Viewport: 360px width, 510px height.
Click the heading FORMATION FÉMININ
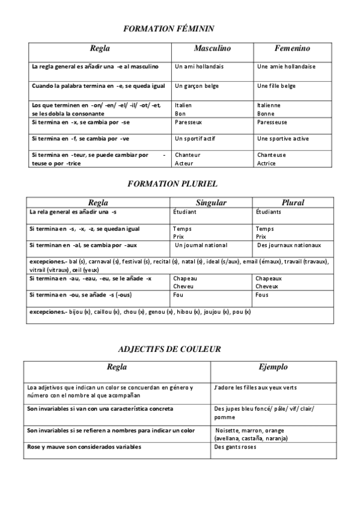click(x=168, y=28)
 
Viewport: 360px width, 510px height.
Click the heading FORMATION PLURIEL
click(x=172, y=183)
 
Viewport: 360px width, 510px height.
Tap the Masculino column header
click(x=212, y=48)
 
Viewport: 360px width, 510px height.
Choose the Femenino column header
click(x=292, y=48)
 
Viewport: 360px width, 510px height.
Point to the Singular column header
click(x=211, y=203)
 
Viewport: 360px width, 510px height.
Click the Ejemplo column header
click(x=273, y=367)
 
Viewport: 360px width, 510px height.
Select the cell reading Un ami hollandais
click(x=199, y=67)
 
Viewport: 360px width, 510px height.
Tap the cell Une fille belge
click(x=276, y=86)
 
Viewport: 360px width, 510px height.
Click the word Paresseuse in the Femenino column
click(x=276, y=122)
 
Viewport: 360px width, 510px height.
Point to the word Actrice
click(x=266, y=164)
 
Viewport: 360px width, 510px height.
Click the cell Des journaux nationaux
click(x=289, y=245)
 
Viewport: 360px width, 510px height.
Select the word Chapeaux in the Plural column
click(x=268, y=278)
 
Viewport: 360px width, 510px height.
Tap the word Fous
click(x=262, y=295)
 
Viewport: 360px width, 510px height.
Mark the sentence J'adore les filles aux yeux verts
click(x=255, y=388)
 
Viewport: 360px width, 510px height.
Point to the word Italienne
click(x=269, y=105)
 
